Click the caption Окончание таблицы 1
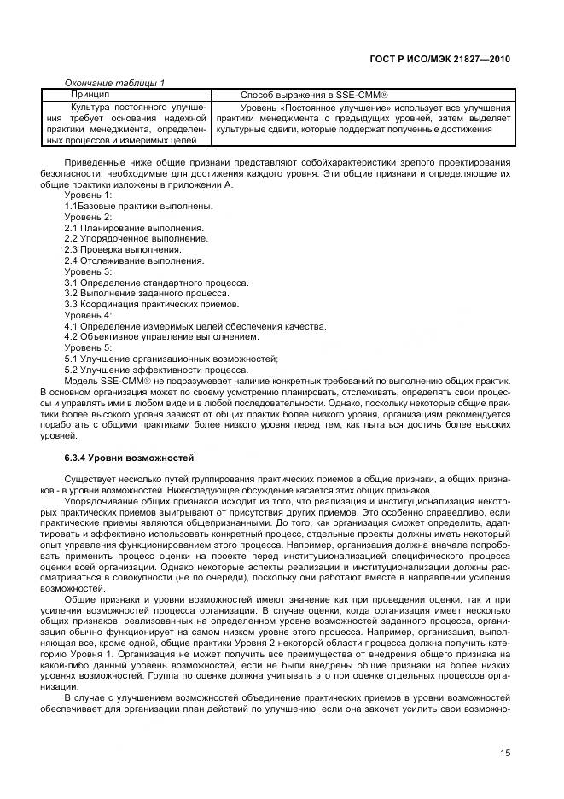(115, 82)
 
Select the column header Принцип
(90, 93)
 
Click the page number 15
(505, 753)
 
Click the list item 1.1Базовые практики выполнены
(126, 207)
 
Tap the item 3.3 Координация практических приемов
(152, 304)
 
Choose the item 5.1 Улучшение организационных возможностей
(171, 359)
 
